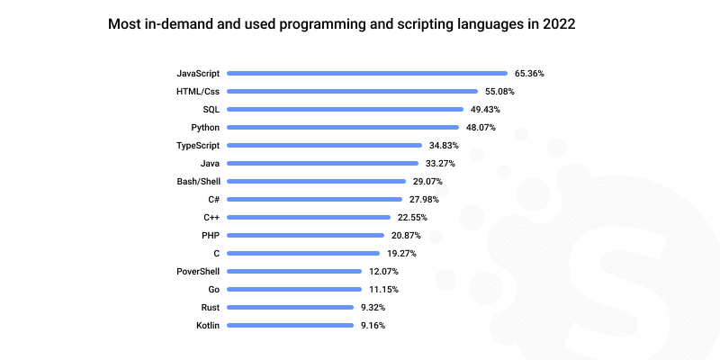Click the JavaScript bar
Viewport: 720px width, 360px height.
(367, 73)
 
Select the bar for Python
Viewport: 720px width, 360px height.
(343, 127)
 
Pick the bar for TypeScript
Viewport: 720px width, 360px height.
(324, 145)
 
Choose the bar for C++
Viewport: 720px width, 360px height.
(309, 217)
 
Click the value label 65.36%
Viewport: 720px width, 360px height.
(529, 73)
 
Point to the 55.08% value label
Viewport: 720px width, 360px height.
(499, 91)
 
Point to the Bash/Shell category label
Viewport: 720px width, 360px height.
(199, 181)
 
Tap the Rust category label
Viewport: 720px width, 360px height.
(210, 307)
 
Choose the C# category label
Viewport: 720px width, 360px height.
(212, 199)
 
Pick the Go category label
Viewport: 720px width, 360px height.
(213, 289)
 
